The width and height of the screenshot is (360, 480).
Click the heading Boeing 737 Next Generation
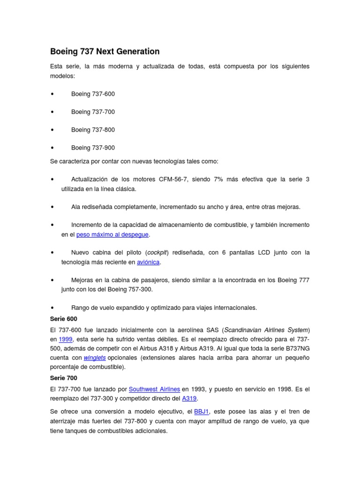pyautogui.click(x=105, y=52)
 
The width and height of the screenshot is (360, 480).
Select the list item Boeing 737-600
pyautogui.click(x=93, y=94)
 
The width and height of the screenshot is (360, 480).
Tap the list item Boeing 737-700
pyautogui.click(x=93, y=112)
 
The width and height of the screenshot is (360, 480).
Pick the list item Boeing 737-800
pyautogui.click(x=93, y=129)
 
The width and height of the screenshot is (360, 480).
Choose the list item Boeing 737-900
pyautogui.click(x=93, y=148)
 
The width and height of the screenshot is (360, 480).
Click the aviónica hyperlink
pyautogui.click(x=148, y=262)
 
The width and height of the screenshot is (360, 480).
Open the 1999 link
pyautogui.click(x=65, y=339)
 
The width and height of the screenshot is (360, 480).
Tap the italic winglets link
pyautogui.click(x=94, y=357)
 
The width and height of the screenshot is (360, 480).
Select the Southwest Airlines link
pyautogui.click(x=154, y=389)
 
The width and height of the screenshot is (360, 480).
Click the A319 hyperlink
pyautogui.click(x=189, y=398)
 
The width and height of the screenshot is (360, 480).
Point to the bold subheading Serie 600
pyautogui.click(x=63, y=319)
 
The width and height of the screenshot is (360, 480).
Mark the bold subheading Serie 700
pyautogui.click(x=63, y=378)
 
